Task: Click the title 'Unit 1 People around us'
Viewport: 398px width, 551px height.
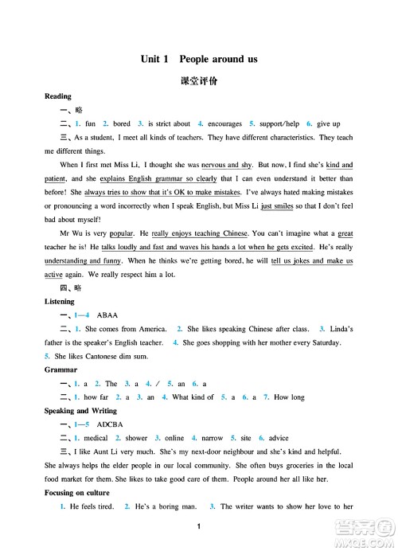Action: tap(198, 59)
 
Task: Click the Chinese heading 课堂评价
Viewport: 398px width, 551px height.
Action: tap(198, 82)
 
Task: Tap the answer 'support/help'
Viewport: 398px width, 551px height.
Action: tap(279, 124)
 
